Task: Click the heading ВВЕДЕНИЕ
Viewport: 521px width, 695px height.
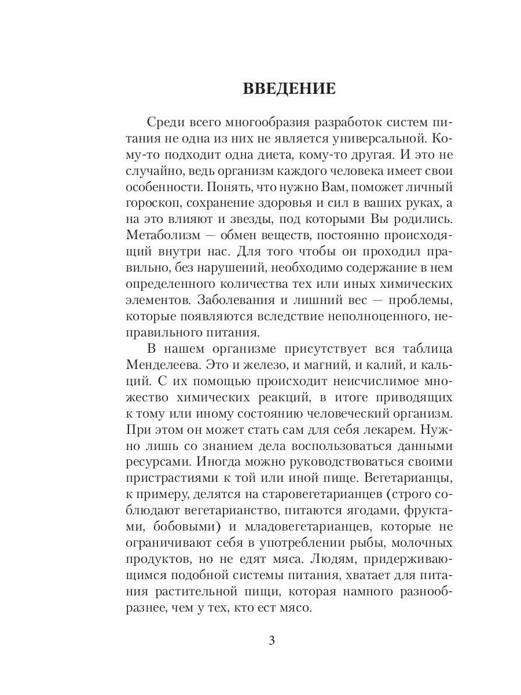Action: click(x=289, y=89)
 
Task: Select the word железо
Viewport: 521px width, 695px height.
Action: click(x=271, y=366)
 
